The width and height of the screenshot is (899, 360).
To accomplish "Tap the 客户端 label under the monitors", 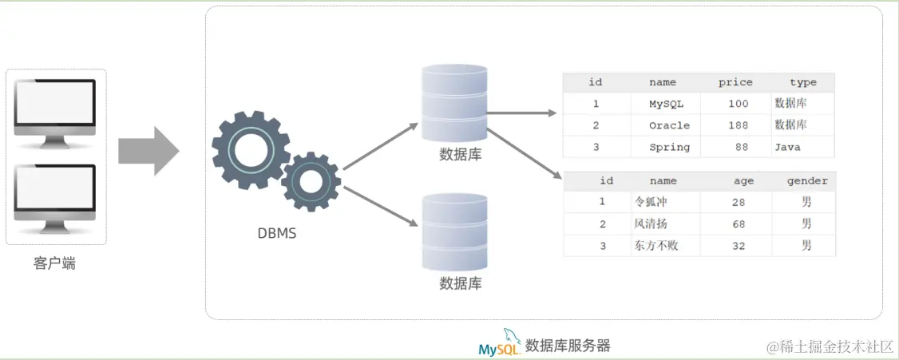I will click(55, 263).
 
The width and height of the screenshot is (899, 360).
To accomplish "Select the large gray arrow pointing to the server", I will click(149, 150).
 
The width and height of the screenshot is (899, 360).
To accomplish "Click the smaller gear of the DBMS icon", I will click(311, 181).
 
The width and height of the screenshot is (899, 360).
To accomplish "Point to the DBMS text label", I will click(276, 234).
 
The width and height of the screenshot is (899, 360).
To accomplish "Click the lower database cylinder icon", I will click(454, 232).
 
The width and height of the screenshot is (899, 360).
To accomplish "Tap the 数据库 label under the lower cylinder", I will click(461, 283).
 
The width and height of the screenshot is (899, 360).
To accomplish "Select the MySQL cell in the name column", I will click(666, 104).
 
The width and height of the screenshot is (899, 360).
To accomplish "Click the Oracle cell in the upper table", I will click(669, 125).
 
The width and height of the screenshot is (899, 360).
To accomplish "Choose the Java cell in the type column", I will click(786, 147).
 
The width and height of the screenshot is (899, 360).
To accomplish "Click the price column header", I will click(735, 82).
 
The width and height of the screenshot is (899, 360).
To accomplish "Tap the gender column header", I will click(806, 181).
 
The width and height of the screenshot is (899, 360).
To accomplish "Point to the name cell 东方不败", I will click(656, 246).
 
